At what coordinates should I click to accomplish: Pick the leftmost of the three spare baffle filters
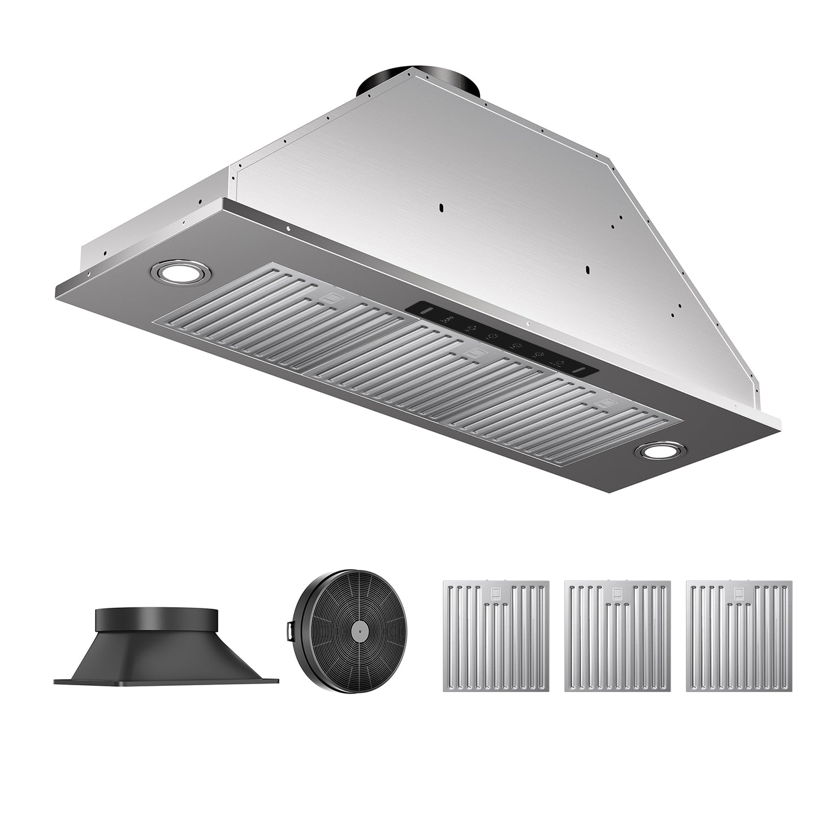496,636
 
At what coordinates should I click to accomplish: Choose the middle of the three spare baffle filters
617,636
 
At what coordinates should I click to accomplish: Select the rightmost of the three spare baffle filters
739,636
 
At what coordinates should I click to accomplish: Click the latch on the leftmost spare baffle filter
496,593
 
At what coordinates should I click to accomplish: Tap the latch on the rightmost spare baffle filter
739,593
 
